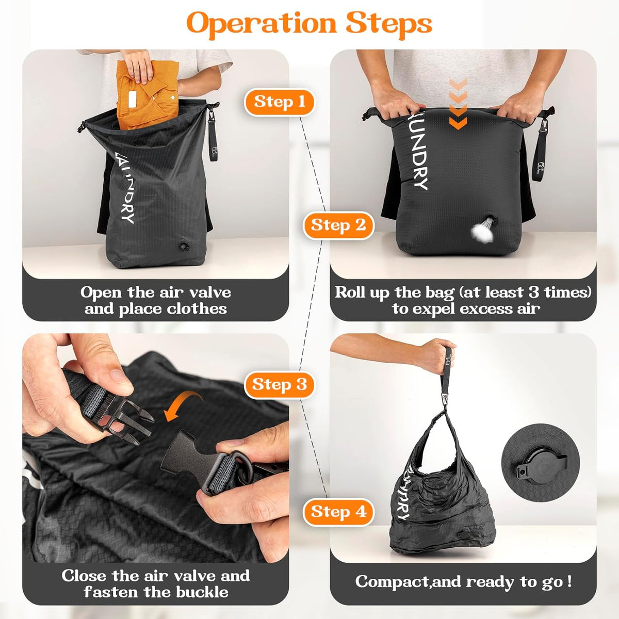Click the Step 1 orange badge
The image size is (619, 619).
279,102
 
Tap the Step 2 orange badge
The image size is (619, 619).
338,225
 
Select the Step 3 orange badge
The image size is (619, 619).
279,384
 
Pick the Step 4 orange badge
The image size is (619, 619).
338,512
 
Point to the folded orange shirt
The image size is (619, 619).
147,94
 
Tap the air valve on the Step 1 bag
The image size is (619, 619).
185,247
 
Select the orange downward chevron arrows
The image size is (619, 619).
459,104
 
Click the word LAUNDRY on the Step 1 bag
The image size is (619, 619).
124,187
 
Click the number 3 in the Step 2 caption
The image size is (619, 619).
532,292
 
